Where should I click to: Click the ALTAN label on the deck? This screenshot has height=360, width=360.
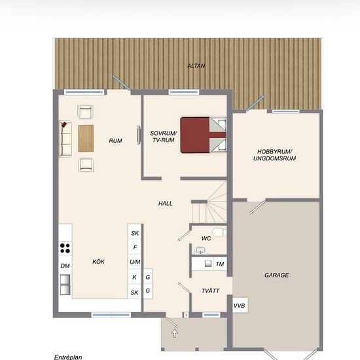point(196,66)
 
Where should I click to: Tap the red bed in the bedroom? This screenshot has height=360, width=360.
point(204,135)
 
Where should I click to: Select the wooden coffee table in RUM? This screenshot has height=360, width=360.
point(86,139)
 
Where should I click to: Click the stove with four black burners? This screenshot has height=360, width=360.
point(65,248)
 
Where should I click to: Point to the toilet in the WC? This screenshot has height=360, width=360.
point(219,232)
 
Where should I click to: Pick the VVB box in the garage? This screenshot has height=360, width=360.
point(240,305)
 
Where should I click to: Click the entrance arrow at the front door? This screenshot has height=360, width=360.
point(175,333)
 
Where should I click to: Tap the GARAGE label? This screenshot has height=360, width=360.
point(276,275)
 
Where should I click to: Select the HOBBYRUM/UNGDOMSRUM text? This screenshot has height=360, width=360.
point(275,155)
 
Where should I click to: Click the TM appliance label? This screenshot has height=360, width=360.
point(220,264)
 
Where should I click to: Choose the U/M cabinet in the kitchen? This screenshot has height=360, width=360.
point(135,262)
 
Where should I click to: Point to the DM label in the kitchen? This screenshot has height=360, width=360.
point(65,266)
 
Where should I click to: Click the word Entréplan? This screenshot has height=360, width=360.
point(68,357)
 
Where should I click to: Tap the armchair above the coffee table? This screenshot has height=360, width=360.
point(85,111)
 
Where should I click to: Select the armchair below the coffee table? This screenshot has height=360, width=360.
point(86,165)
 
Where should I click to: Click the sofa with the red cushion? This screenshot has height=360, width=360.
point(65,139)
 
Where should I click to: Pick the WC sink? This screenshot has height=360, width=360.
point(200,250)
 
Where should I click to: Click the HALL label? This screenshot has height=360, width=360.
point(166,204)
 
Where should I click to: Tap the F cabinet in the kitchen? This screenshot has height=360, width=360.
point(135,247)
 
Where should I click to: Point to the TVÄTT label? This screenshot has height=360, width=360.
point(210,291)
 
